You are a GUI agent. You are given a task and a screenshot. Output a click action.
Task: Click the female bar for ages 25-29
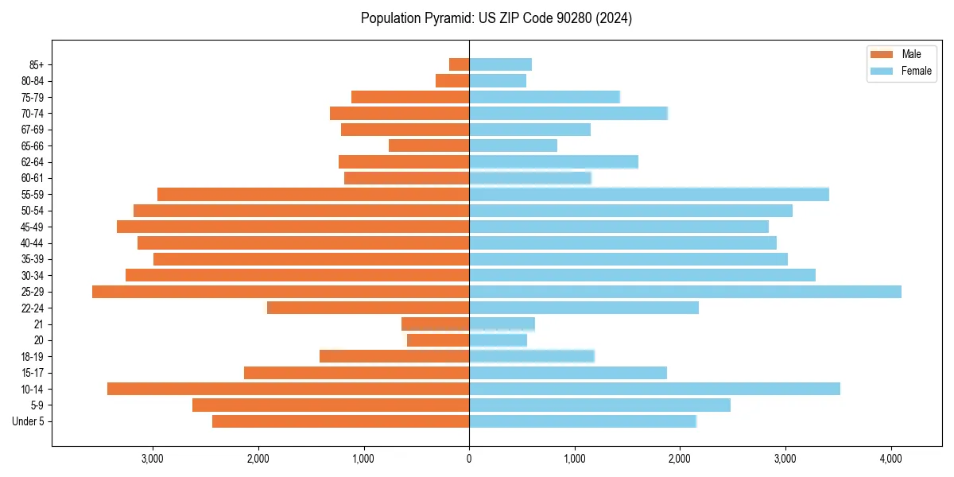tap(685, 292)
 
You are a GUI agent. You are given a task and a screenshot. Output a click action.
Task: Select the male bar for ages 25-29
tap(281, 292)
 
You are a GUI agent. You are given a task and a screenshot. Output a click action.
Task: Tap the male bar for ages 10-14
tap(288, 389)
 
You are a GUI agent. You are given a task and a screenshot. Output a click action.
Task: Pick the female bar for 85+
tap(500, 64)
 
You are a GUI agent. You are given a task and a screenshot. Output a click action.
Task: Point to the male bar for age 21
tap(435, 324)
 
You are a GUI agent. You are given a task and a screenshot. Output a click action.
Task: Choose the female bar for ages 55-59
tap(649, 194)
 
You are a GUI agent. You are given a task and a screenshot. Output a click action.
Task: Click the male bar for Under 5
tap(340, 421)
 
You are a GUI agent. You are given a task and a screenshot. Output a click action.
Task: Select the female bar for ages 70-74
tap(568, 113)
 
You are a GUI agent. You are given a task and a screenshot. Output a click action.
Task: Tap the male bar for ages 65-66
tap(429, 145)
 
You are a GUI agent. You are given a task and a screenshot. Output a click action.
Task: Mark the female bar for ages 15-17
tap(568, 373)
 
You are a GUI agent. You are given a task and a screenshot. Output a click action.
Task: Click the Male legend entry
tap(901, 54)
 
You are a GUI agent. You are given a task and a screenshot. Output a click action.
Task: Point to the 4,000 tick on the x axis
tap(891, 459)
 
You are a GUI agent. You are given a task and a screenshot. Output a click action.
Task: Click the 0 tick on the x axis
tap(469, 459)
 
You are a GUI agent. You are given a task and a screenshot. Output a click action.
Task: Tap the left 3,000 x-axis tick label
tap(152, 459)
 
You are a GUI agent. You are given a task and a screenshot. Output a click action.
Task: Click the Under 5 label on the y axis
tap(28, 421)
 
